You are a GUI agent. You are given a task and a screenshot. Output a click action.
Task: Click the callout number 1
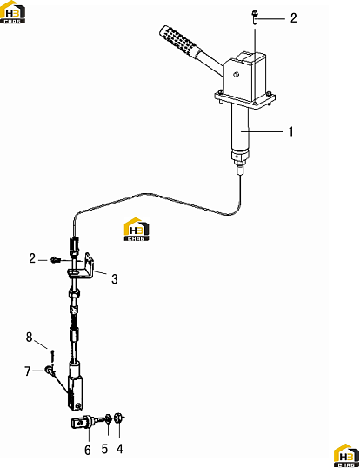291,131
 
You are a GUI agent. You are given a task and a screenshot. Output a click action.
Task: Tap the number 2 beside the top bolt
294,18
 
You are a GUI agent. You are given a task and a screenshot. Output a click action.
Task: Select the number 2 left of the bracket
32,258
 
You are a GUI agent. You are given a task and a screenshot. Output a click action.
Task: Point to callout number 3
115,279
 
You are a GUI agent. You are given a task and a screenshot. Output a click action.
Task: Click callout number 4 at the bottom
120,449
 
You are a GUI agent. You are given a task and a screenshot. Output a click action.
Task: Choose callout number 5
104,449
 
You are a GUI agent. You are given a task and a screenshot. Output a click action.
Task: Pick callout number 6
87,450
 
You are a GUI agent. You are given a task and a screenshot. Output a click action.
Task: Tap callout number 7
28,371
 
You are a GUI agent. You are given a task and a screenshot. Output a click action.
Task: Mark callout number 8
29,338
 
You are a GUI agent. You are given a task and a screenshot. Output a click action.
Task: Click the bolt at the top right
255,18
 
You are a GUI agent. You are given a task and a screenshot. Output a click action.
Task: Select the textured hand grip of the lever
178,41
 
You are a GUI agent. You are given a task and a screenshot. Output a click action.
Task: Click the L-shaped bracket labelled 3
82,267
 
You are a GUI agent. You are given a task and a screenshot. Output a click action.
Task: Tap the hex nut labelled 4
118,418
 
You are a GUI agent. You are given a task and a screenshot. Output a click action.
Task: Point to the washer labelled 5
109,418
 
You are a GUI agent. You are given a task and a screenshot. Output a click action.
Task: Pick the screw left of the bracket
56,260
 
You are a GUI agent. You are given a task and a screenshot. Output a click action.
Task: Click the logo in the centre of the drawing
137,230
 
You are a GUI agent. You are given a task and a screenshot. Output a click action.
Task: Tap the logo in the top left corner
12,12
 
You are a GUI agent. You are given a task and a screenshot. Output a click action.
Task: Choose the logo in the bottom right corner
347,456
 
